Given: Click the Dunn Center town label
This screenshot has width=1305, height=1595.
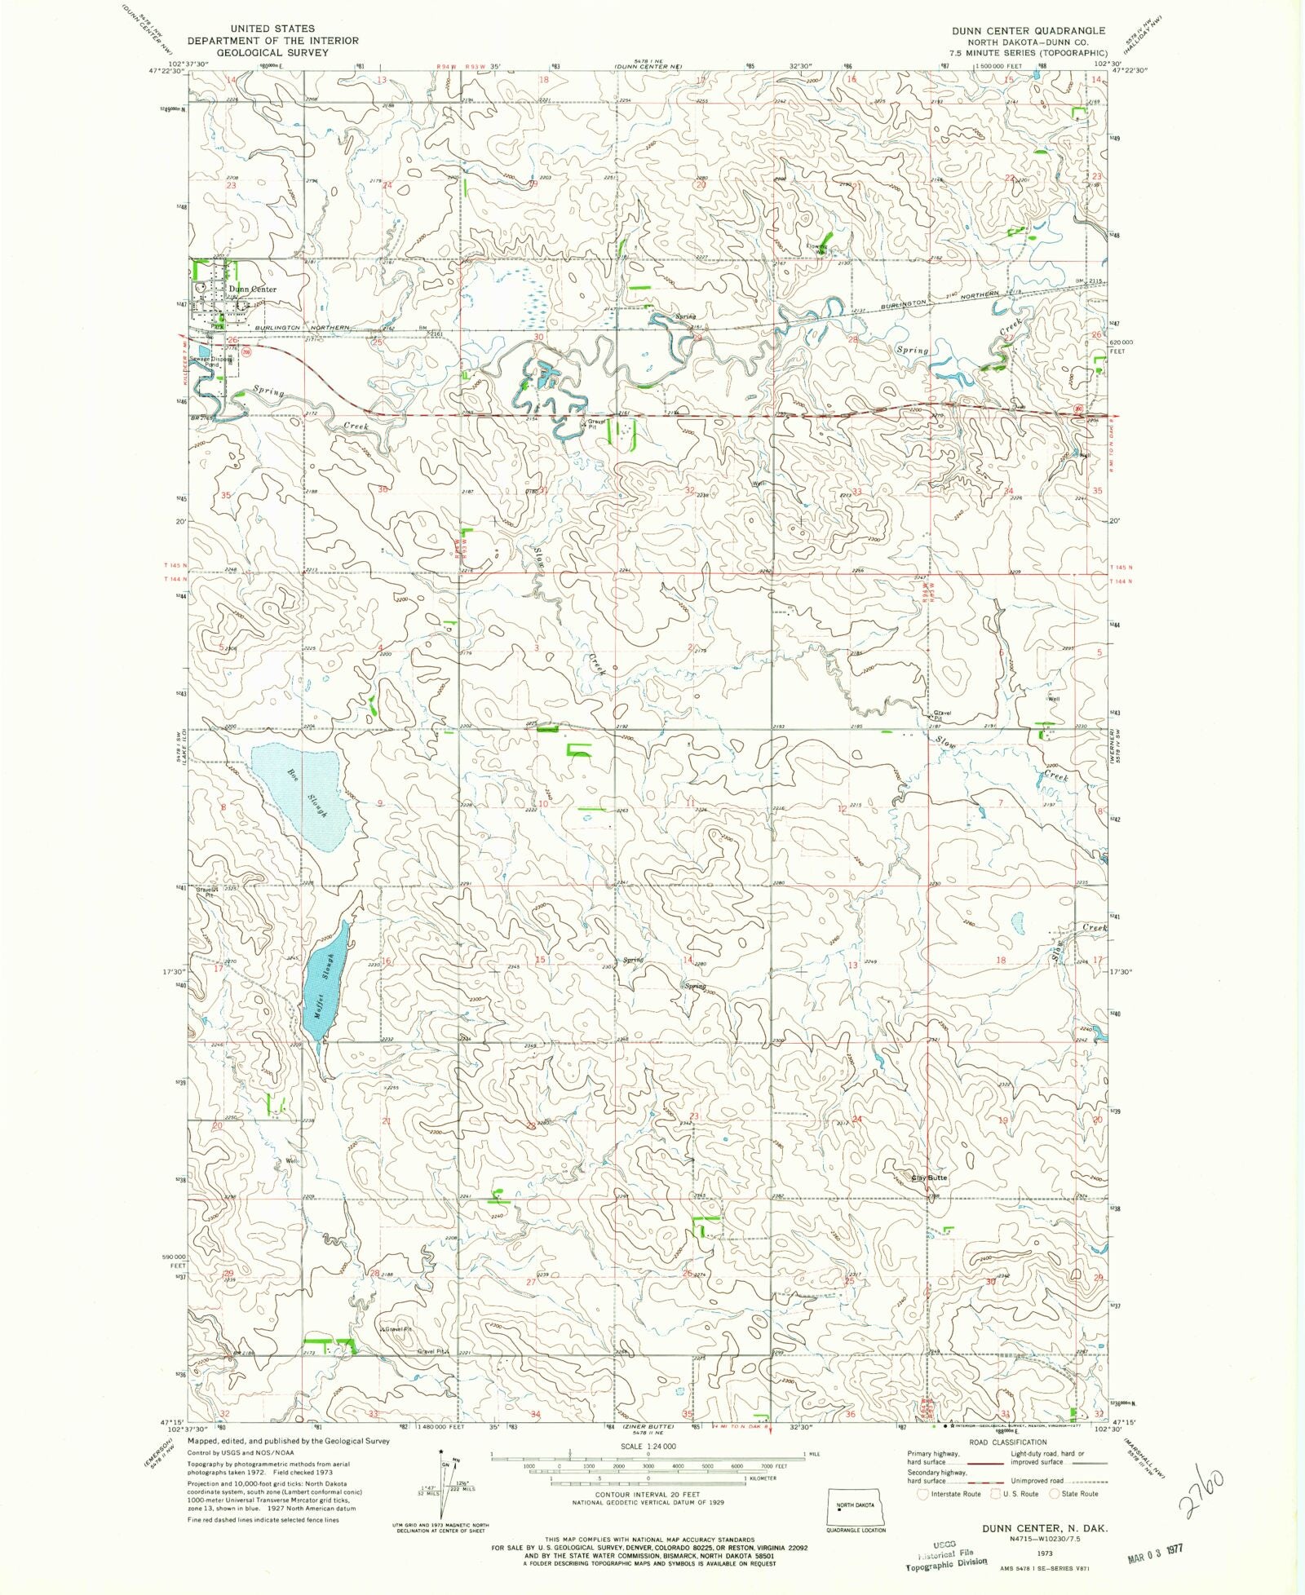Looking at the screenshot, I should pos(252,289).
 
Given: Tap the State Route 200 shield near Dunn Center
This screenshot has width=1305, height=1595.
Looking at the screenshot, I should pos(247,352).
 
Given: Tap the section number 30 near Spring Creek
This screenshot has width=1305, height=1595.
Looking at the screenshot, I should pos(537,337).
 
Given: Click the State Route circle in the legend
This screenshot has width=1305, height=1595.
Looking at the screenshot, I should pos(1055,1494).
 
